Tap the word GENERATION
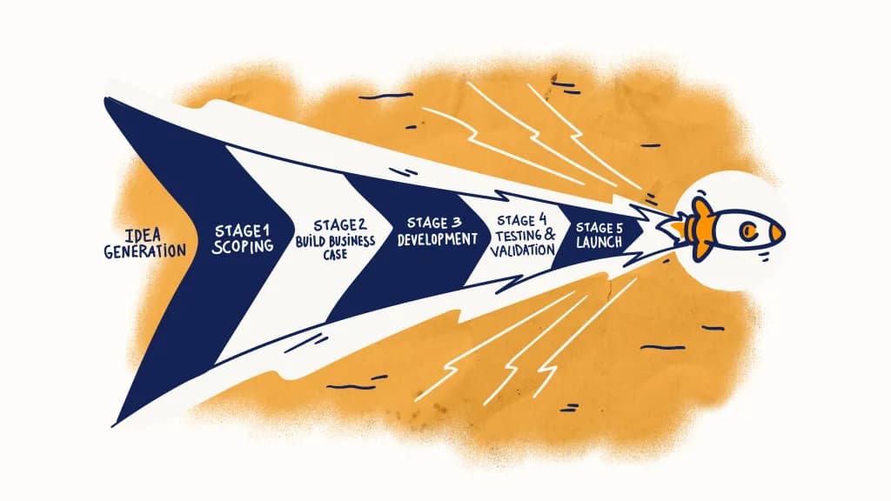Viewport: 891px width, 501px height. pyautogui.click(x=144, y=252)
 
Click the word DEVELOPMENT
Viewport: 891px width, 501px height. pyautogui.click(x=438, y=239)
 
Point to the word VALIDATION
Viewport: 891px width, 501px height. pyautogui.click(x=523, y=250)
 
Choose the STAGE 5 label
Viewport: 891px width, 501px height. pyautogui.click(x=599, y=228)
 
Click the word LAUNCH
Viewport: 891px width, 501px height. pyautogui.click(x=599, y=244)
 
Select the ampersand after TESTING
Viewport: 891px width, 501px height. pyautogui.click(x=549, y=235)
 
